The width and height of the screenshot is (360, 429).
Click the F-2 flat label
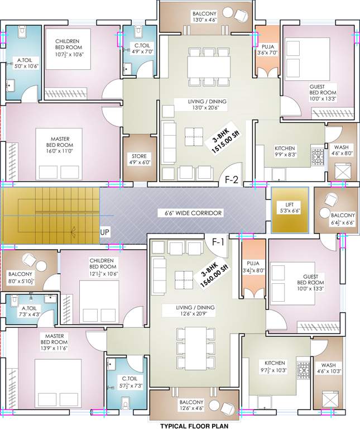[x=232, y=180]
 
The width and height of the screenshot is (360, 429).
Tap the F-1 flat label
[x=218, y=242]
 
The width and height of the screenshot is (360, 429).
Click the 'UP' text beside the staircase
[x=104, y=232]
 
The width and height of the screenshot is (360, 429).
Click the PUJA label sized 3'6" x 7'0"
[x=266, y=50]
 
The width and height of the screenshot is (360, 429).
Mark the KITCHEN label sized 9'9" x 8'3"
[x=285, y=152]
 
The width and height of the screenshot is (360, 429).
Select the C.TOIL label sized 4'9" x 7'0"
[x=139, y=48]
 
